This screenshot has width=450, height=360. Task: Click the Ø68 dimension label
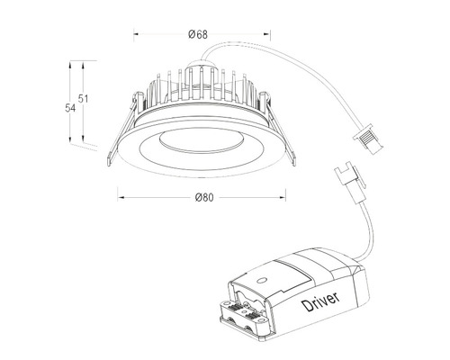click(x=199, y=33)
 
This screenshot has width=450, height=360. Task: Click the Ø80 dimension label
click(x=202, y=199)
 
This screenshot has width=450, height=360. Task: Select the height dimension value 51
click(x=84, y=98)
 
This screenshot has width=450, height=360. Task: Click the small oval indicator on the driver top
click(x=261, y=281)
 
